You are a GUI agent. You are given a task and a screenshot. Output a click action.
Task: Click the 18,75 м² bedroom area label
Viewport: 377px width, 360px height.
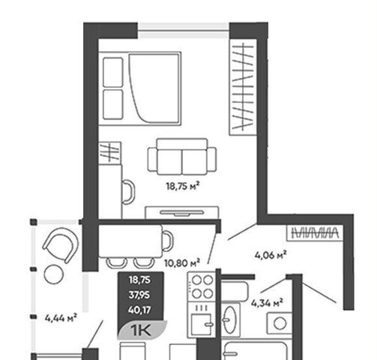(183, 186)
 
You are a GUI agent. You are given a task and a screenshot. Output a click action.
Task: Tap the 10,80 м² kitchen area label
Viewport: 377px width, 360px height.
(182, 263)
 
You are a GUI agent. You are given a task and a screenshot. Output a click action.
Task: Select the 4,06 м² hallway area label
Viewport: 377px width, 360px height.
(271, 255)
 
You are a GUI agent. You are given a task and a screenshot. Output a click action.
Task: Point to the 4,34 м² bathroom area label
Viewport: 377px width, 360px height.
(267, 303)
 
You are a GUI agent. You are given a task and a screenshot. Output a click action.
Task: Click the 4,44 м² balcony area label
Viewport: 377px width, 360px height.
(61, 318)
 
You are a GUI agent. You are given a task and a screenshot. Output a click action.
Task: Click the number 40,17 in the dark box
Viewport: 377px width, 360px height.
(139, 310)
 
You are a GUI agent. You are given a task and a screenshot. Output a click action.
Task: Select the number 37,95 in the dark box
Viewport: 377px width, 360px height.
(139, 295)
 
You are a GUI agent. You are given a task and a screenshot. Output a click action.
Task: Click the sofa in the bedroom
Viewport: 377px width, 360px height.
(182, 157)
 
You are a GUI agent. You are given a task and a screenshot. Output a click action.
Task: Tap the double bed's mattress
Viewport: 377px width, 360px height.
(154, 88)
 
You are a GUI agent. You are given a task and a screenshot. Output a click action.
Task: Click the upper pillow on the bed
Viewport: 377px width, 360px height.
(113, 73)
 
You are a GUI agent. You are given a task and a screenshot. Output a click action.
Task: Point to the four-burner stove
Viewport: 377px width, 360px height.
(202, 286)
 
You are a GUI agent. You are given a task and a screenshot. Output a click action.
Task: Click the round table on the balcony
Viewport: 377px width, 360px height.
(54, 274)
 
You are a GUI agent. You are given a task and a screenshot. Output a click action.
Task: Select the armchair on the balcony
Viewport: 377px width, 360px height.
(61, 244)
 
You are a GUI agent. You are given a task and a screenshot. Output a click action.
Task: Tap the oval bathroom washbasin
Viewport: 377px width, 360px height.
(229, 319)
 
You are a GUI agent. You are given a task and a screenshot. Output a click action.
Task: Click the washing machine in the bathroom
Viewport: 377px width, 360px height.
(280, 323)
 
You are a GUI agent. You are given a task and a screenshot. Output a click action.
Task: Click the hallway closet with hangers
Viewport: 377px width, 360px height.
(316, 233)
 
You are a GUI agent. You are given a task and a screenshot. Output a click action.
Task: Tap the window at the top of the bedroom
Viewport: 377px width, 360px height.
(184, 31)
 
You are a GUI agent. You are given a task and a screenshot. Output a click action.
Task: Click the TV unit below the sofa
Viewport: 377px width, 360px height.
(182, 213)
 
